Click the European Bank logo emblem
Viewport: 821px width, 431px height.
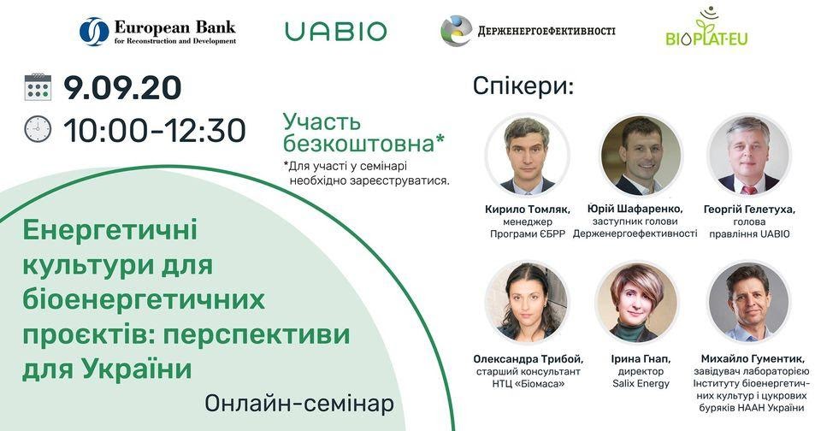[x=94, y=32]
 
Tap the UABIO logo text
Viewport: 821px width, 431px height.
[x=335, y=32]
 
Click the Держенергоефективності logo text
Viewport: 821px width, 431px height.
[x=546, y=31]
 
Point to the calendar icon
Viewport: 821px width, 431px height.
[x=38, y=87]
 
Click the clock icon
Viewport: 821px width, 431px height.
[x=38, y=129]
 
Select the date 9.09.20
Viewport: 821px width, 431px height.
[x=122, y=87]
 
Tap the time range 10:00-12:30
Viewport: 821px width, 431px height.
[x=155, y=130]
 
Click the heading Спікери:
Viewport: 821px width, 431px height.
[x=523, y=86]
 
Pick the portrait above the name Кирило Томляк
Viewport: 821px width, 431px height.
[x=528, y=156]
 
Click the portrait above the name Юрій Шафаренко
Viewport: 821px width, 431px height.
[x=641, y=156]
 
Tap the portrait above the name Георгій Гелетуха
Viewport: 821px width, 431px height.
[x=749, y=156]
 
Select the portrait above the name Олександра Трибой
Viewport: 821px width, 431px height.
[x=528, y=303]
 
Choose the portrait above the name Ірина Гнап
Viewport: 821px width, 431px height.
[x=637, y=303]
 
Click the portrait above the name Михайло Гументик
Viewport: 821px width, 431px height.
[x=749, y=303]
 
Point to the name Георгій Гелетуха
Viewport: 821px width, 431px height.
[x=749, y=210]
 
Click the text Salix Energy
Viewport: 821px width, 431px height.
[x=641, y=384]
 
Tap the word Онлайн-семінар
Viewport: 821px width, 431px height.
[x=299, y=404]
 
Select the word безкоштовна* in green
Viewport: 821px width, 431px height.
[x=364, y=143]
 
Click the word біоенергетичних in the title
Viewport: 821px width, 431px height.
[x=144, y=300]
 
